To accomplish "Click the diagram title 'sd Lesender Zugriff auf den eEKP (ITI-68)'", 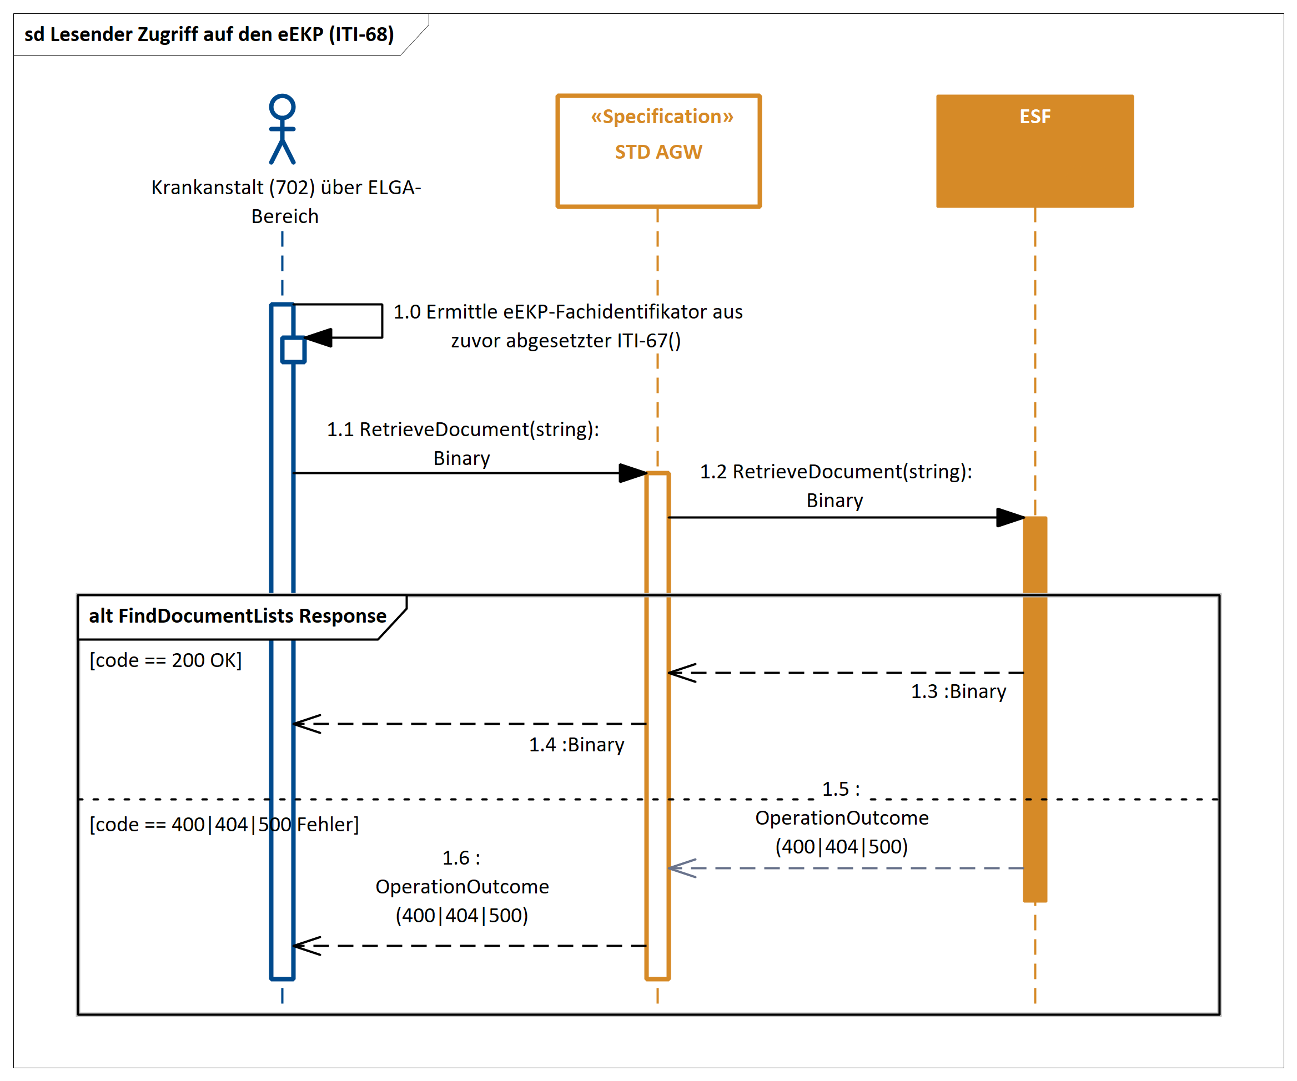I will pyautogui.click(x=209, y=34).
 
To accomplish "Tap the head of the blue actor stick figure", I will pyautogui.click(x=282, y=107).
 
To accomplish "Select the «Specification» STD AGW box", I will pyautogui.click(x=658, y=151).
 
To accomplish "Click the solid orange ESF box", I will pyautogui.click(x=1034, y=151).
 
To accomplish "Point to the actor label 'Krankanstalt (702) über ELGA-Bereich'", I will pyautogui.click(x=285, y=202).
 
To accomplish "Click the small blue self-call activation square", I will pyautogui.click(x=293, y=350).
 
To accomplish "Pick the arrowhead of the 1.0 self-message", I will pyautogui.click(x=319, y=338).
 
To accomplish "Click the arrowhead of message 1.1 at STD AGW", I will pyautogui.click(x=633, y=473).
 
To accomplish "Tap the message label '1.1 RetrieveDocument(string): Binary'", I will pyautogui.click(x=463, y=443).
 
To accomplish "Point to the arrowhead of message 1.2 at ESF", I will pyautogui.click(x=1011, y=517).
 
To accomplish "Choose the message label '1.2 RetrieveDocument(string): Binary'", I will pyautogui.click(x=836, y=486).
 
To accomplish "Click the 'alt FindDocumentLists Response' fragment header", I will pyautogui.click(x=238, y=616).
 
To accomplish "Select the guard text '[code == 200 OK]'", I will pyautogui.click(x=165, y=660).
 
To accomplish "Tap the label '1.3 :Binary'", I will pyautogui.click(x=958, y=691).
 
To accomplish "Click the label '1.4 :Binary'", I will pyautogui.click(x=576, y=745).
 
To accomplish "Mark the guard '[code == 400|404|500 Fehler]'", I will pyautogui.click(x=224, y=825).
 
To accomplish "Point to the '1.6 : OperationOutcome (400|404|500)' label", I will pyautogui.click(x=462, y=887).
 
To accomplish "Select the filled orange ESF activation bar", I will pyautogui.click(x=1034, y=710).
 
